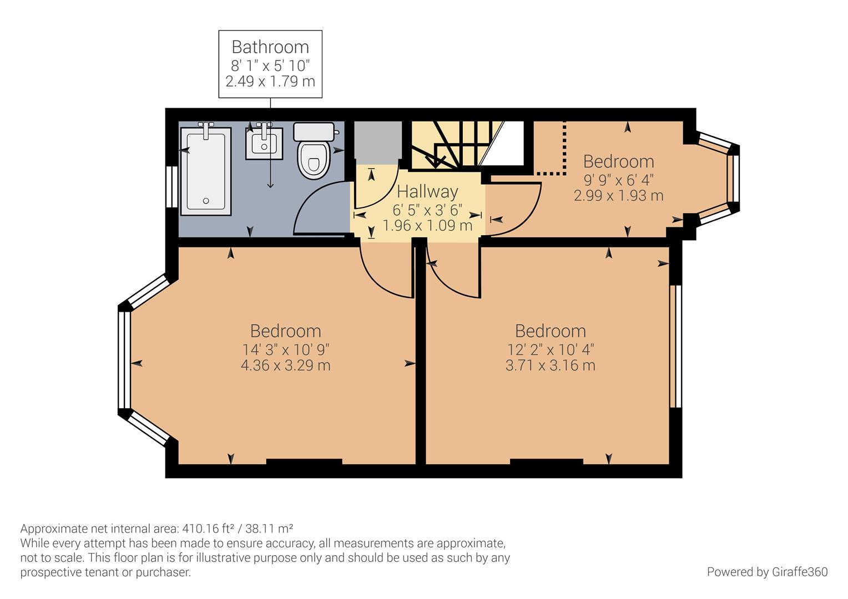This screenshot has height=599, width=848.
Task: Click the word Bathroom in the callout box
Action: [x=270, y=47]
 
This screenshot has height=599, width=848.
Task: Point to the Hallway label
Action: [x=427, y=192]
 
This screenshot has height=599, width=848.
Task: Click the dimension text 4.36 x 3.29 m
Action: [x=286, y=366]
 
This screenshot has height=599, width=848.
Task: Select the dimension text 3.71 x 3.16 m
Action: [x=550, y=366]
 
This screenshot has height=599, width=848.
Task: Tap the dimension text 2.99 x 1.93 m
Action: [x=618, y=196]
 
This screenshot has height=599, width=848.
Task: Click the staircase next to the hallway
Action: [x=466, y=144]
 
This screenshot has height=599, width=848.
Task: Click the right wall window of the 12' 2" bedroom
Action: [x=675, y=347]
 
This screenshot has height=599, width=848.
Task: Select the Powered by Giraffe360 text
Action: [x=767, y=572]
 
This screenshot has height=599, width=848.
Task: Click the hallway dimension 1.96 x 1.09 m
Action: [x=427, y=226]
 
